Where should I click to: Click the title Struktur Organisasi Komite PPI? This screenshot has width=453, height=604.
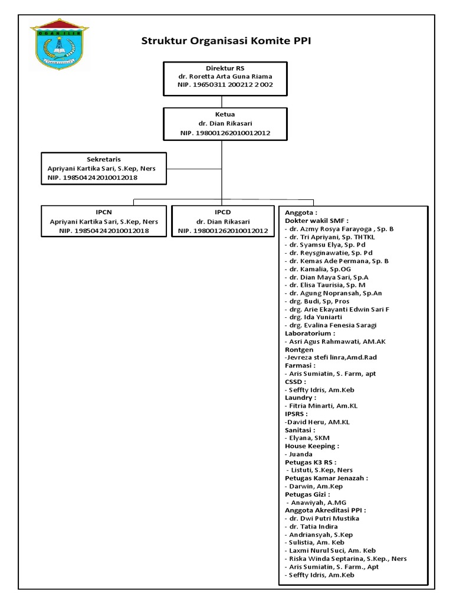click(226, 41)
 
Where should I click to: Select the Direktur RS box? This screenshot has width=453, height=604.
click(226, 77)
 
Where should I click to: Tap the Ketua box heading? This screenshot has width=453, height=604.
click(226, 114)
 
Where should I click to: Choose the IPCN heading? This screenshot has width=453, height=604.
click(104, 212)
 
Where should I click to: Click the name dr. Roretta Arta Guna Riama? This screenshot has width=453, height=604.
click(226, 77)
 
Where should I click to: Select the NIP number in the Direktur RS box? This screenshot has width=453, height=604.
click(226, 85)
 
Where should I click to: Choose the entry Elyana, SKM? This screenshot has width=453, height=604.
click(308, 438)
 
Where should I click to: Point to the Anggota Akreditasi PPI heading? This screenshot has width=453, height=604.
click(325, 510)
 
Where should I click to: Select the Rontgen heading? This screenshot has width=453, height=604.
click(299, 349)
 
